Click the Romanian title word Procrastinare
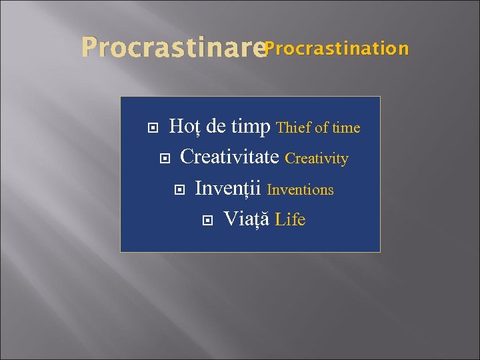(172, 49)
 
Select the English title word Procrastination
(337, 49)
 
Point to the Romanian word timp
(251, 126)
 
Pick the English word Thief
(294, 127)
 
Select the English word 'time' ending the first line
(347, 127)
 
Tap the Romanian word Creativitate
(229, 157)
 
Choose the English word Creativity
(317, 159)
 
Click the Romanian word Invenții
(228, 189)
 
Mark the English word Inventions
(300, 190)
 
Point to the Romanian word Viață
(246, 219)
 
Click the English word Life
(290, 219)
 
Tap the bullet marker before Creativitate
(165, 159)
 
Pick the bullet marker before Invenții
(178, 189)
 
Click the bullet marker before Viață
(207, 219)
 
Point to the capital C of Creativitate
(187, 157)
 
